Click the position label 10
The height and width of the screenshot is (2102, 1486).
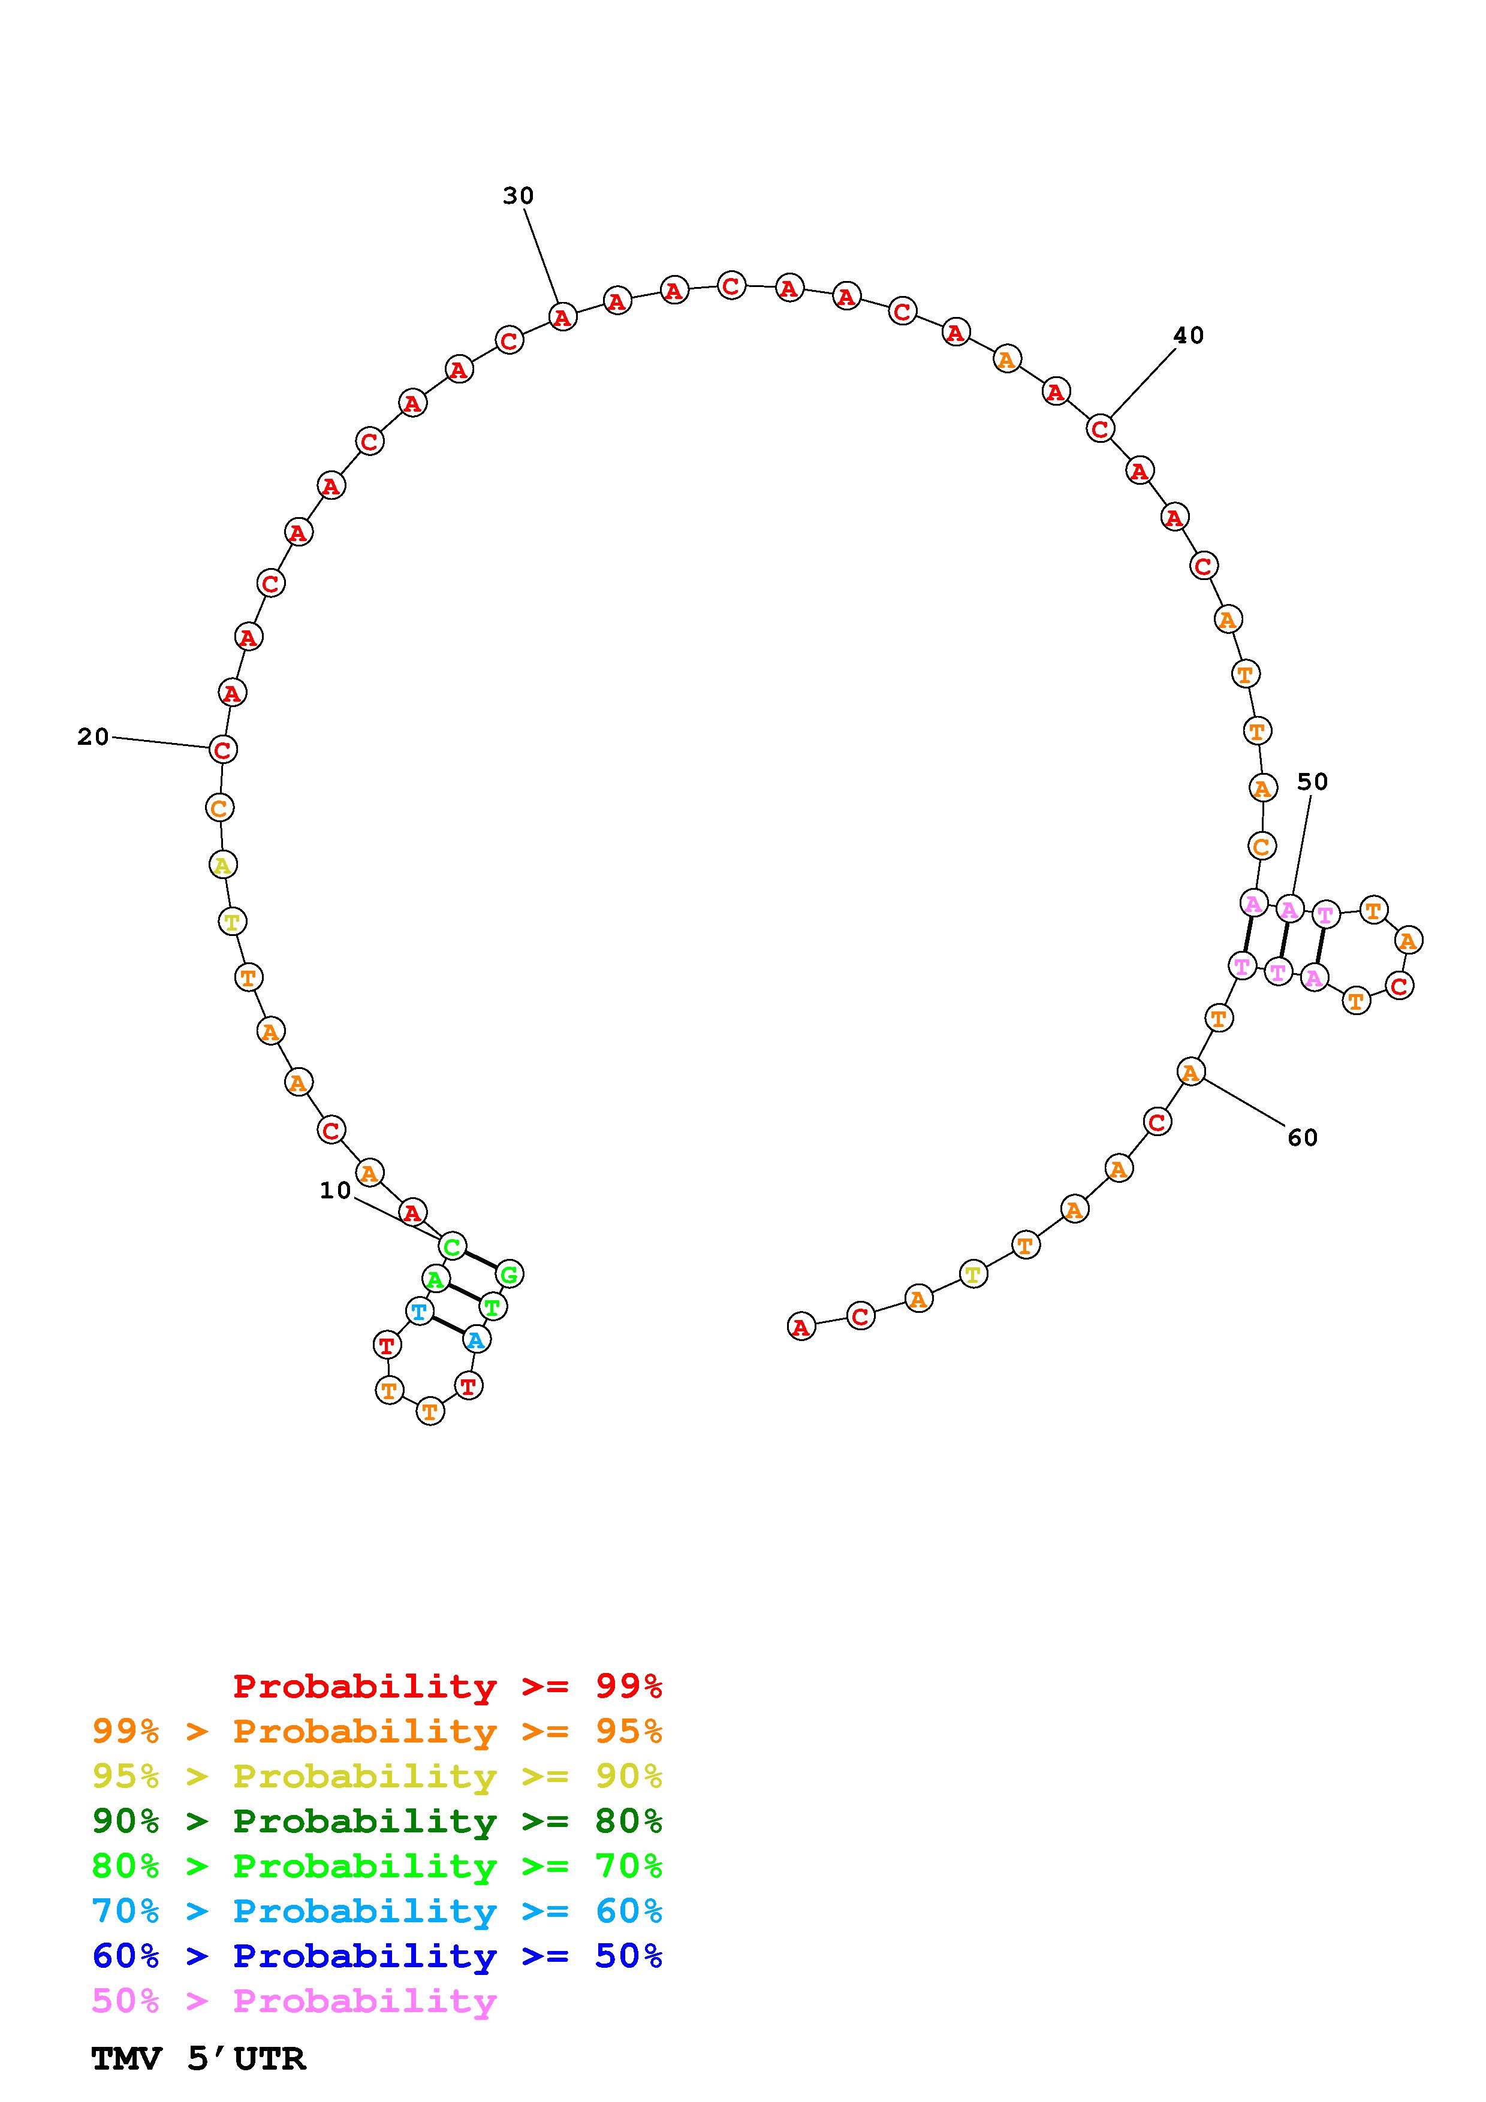point(335,1190)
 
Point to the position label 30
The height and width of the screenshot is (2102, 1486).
point(519,195)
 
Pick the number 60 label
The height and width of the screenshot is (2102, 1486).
point(1303,1138)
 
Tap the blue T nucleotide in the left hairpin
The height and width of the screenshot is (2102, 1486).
point(418,1312)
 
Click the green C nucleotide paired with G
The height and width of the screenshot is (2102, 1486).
point(453,1246)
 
